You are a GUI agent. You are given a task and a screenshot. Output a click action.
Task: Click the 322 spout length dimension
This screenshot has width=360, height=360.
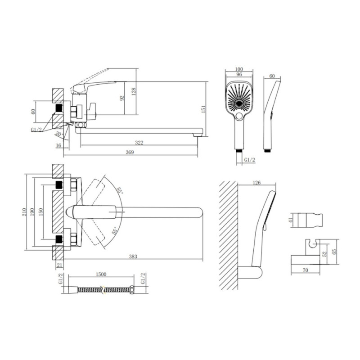(x=139, y=143)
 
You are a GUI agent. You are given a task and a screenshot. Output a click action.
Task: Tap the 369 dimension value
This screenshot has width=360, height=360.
(x=130, y=152)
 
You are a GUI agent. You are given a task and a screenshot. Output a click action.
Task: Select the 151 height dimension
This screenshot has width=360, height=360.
(x=203, y=108)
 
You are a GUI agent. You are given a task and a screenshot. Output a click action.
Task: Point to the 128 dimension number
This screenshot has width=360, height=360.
(x=134, y=92)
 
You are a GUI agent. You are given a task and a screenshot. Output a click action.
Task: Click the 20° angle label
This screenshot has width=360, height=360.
(x=59, y=134)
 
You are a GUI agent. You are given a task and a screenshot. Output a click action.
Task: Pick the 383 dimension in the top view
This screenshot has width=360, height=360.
(x=133, y=256)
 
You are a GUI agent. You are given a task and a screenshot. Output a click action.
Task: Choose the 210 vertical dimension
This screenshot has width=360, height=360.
(x=25, y=212)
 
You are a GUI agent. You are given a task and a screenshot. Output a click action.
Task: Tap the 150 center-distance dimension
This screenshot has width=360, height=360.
(x=40, y=212)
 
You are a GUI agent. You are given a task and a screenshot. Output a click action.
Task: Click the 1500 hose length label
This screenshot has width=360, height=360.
(x=101, y=274)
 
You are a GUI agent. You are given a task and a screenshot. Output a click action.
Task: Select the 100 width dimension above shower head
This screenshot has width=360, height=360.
(x=239, y=69)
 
